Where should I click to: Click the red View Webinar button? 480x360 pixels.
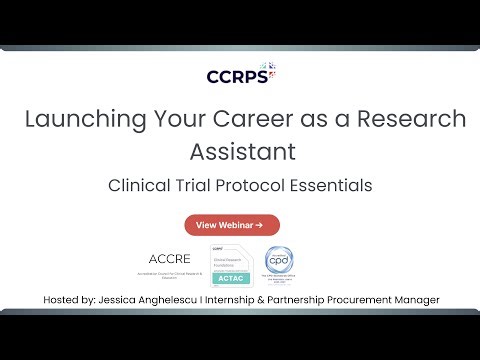[232, 225]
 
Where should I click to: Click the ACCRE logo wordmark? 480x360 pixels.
[170, 258]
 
